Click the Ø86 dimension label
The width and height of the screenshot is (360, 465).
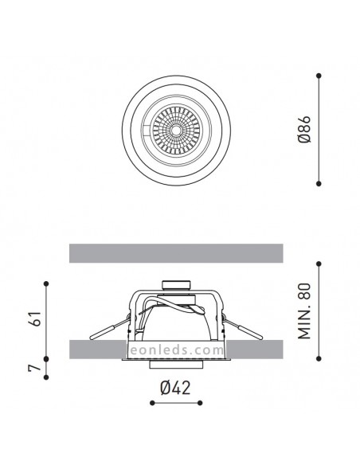point(305,130)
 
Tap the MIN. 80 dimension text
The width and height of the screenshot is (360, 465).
point(304,311)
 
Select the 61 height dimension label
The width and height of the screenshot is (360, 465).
point(35,318)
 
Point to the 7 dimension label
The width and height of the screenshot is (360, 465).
point(34,368)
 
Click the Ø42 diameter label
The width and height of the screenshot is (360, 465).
point(175,388)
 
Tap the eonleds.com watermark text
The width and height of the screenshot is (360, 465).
point(177,350)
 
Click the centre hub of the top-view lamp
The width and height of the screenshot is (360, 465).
point(176,130)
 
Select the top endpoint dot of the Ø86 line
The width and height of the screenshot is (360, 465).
point(319,76)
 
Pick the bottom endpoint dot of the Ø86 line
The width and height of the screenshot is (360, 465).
point(319,184)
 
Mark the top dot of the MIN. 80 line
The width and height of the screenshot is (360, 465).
point(319,264)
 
